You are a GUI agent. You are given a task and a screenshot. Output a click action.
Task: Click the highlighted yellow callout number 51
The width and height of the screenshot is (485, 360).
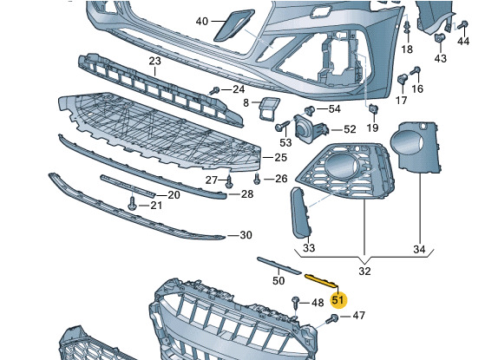click(x=338, y=300)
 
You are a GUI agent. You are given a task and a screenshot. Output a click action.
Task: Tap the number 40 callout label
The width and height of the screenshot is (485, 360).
click(x=202, y=22)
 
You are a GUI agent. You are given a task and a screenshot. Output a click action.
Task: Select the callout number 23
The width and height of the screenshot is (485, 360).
click(x=155, y=61)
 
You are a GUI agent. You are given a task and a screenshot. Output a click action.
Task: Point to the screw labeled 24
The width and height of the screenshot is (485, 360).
click(x=214, y=90)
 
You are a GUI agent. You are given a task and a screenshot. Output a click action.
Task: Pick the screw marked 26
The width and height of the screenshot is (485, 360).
click(x=257, y=179)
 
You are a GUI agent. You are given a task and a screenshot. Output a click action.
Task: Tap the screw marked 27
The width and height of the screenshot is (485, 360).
click(x=229, y=181)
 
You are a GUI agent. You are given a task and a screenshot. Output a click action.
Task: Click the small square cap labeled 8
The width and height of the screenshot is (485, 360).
click(x=268, y=108)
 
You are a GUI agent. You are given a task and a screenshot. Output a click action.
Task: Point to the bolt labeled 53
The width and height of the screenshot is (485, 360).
click(x=282, y=126)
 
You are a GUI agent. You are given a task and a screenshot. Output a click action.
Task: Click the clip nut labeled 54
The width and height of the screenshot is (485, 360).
click(x=310, y=110)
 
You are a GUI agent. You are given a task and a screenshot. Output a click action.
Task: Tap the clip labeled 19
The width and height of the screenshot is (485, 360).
click(x=372, y=108)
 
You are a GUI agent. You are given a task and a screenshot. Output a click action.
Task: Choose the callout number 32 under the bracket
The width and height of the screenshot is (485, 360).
click(x=364, y=271)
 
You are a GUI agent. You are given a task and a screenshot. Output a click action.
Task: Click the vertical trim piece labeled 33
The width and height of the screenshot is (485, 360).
click(x=301, y=213)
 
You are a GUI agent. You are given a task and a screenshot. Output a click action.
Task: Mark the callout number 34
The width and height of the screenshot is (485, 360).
click(x=419, y=249)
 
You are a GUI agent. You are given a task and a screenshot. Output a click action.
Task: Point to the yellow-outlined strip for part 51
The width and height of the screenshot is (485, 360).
click(x=321, y=280)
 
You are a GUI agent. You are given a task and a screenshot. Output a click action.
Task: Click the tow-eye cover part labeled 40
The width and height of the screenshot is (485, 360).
click(x=234, y=25)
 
